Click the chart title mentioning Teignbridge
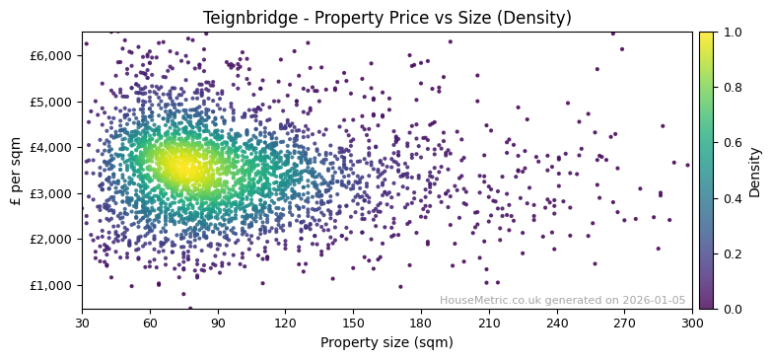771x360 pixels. click(386, 18)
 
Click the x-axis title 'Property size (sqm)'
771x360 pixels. click(386, 342)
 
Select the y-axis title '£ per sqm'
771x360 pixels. click(16, 170)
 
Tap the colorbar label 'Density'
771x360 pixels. click(754, 172)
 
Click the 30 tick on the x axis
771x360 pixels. click(82, 323)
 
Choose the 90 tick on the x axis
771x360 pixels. click(218, 323)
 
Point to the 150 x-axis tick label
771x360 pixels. click(353, 323)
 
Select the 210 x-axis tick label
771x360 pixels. click(489, 323)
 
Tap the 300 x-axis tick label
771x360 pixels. click(692, 323)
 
